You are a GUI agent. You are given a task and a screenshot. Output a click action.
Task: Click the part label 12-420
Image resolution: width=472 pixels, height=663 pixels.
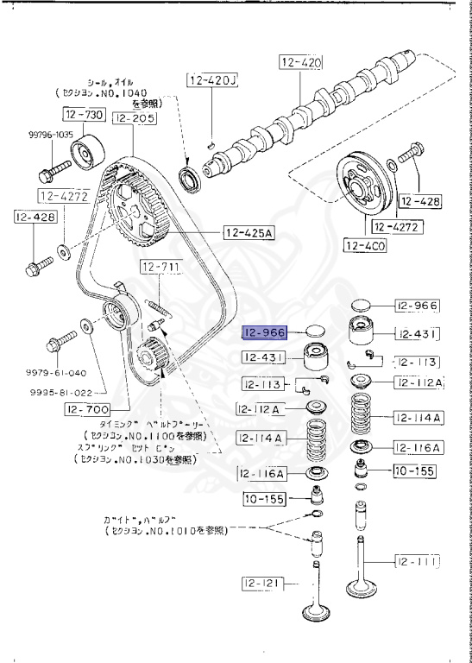(299, 62)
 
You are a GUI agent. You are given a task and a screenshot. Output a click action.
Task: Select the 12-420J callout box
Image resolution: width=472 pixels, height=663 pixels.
(211, 82)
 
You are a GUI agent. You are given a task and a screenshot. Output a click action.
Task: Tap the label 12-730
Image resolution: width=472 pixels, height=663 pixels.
(83, 114)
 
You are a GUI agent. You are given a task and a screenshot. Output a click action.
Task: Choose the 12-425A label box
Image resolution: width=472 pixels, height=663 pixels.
(248, 232)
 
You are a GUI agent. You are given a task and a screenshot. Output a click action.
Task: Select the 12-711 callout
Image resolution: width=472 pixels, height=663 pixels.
(160, 268)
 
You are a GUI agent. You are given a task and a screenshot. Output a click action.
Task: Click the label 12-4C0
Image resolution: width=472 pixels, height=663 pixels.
(364, 246)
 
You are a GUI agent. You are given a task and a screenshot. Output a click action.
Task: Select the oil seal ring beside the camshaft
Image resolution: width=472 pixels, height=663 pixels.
(187, 183)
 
